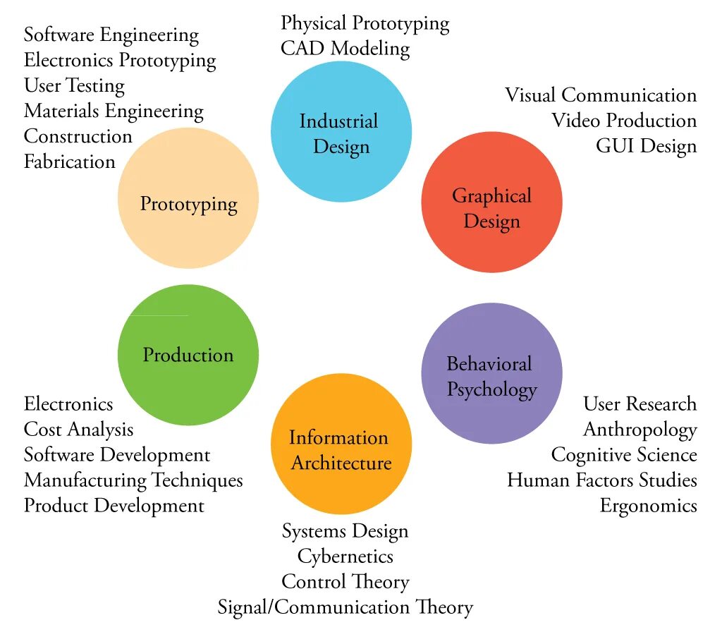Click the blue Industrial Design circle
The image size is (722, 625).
pos(341,132)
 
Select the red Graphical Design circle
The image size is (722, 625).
pos(491,202)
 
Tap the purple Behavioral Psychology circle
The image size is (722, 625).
pos(491,373)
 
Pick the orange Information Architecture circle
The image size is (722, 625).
pos(341,445)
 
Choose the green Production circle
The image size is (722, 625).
pos(188,355)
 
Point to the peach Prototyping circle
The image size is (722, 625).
pos(188,198)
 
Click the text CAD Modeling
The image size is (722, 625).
pos(345,49)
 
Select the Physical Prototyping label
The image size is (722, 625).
pos(365,23)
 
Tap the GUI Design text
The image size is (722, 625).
pos(646,146)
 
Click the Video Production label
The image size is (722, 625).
pos(624,121)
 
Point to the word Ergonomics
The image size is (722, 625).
pos(648,506)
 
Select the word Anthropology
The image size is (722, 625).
pos(640,430)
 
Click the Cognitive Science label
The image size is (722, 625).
pos(624,455)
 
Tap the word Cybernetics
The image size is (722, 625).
pos(345,557)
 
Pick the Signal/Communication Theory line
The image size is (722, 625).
pos(345,607)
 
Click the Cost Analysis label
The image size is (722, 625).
pos(78,430)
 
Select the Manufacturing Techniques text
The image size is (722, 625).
pos(133,480)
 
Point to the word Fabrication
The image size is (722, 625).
pos(69,162)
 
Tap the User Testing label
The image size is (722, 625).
pos(74,85)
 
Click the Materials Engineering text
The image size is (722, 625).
pos(114,111)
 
